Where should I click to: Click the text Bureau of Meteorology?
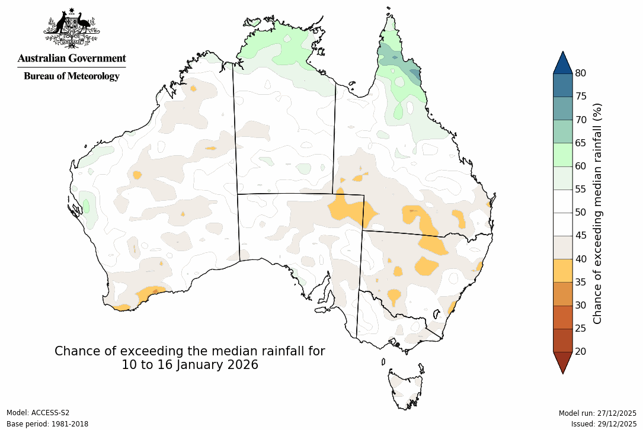point(72,76)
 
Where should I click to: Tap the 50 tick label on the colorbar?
point(581,213)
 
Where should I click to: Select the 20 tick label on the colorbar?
point(581,352)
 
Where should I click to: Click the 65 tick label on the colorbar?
point(581,143)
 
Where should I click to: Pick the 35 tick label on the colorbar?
point(581,282)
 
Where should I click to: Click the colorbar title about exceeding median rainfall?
point(597,213)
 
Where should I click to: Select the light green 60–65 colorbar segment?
point(562,155)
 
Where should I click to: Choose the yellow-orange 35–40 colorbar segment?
point(562,270)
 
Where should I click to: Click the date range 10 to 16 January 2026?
point(190,365)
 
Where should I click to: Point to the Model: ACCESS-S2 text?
point(38,413)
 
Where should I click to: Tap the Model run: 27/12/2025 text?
point(597,413)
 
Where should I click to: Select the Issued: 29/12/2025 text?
point(603,424)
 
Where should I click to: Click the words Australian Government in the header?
point(72,58)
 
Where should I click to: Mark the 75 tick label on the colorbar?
point(581,97)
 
